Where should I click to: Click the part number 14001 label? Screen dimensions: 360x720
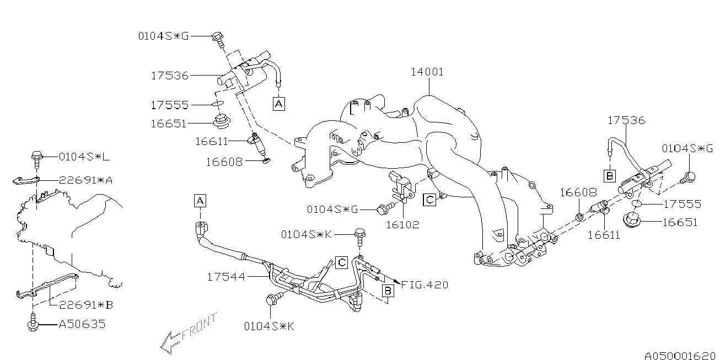(427, 72)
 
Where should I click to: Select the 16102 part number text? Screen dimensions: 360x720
(402, 224)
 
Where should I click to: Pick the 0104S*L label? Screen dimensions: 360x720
(84, 157)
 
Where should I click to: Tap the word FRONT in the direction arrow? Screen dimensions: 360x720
(196, 330)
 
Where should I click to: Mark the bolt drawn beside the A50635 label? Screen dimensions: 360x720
(33, 323)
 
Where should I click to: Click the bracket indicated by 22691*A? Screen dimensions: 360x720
(26, 180)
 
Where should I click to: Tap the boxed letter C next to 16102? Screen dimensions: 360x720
(429, 199)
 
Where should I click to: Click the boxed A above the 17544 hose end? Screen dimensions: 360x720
(200, 201)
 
